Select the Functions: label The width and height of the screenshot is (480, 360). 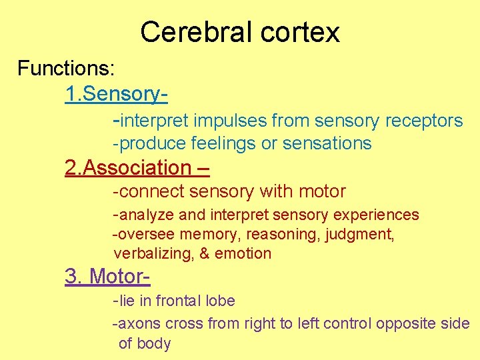pos(66,68)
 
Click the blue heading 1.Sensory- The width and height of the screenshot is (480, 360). pos(115,94)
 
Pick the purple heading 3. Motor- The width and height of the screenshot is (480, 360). pos(107,276)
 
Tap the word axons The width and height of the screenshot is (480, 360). pos(139,325)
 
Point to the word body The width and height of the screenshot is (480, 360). pos(155,344)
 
